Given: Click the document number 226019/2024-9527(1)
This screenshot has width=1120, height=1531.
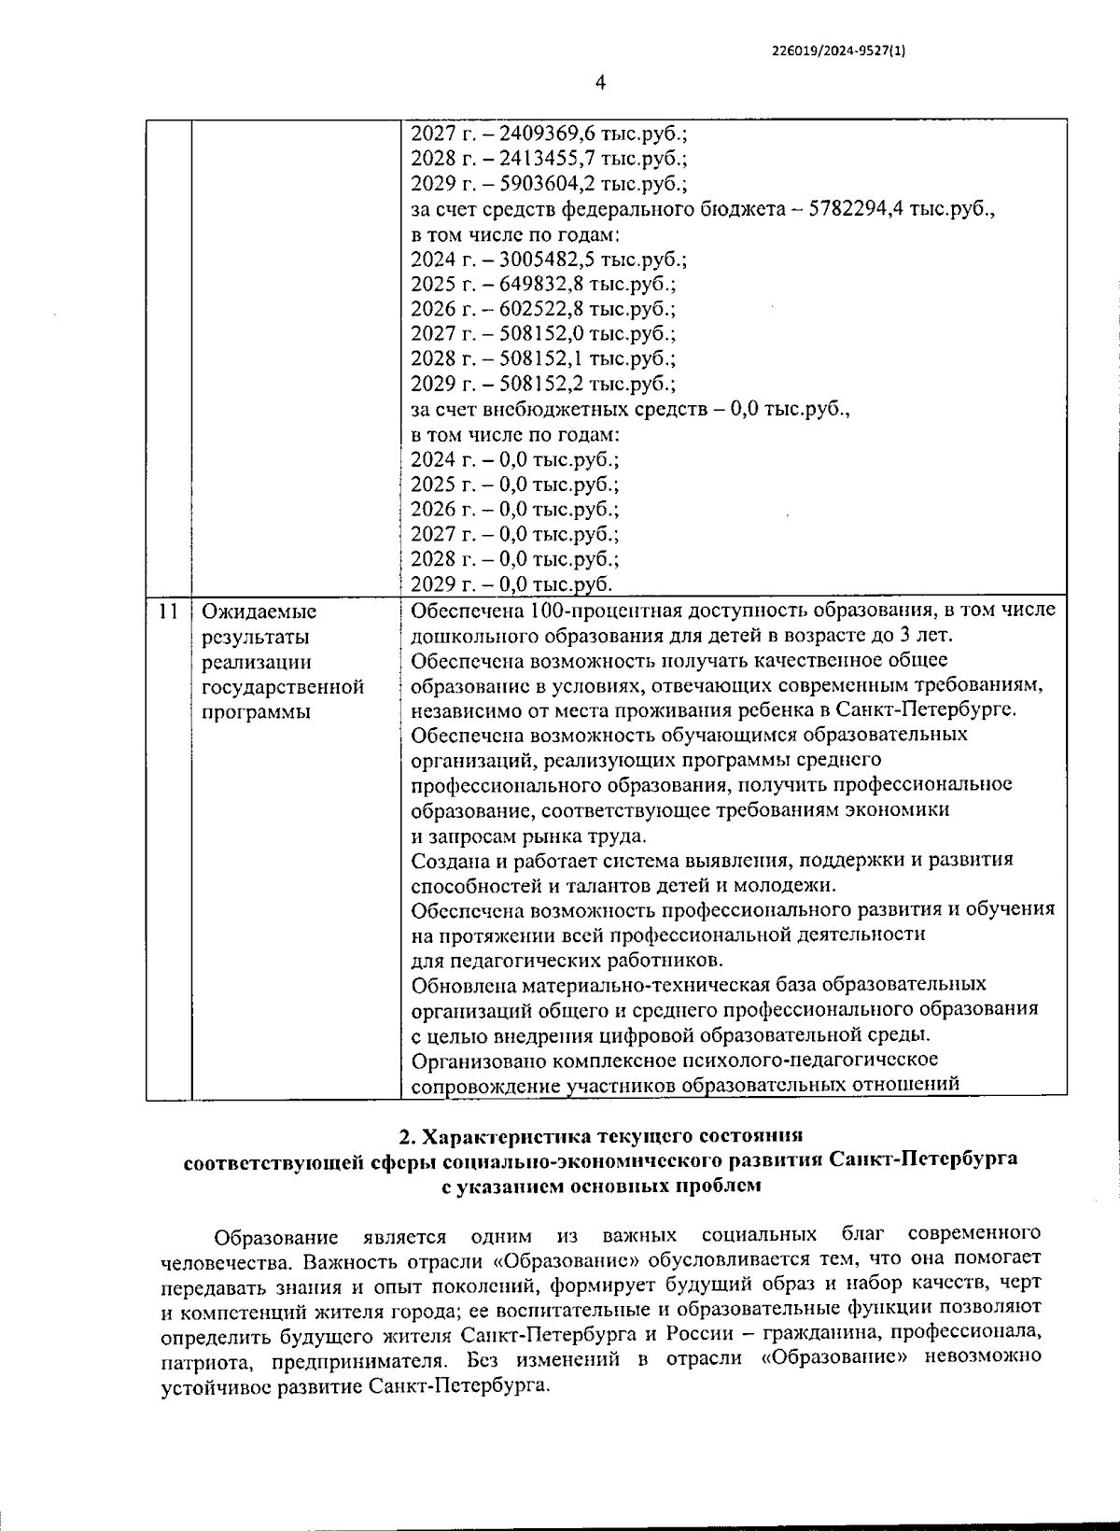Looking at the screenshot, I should pos(839,52).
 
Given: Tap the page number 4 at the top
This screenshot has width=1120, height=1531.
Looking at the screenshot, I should pos(600,83).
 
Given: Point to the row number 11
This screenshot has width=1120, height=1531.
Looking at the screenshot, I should pos(168,611).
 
